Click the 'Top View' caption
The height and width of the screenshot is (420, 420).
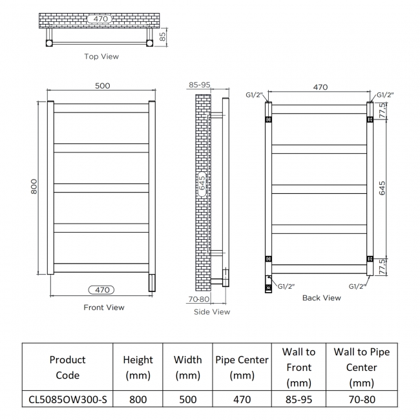101,56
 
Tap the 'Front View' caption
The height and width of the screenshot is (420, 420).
104,307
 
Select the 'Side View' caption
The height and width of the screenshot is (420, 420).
212,312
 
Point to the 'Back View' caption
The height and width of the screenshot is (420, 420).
321,298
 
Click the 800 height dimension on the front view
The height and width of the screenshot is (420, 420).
34,187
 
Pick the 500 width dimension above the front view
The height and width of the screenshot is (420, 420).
103,86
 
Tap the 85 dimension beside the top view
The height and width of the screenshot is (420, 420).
162,37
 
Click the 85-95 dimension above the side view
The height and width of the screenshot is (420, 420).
200,85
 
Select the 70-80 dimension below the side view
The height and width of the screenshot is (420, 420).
199,299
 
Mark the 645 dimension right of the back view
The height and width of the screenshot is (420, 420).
383,188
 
